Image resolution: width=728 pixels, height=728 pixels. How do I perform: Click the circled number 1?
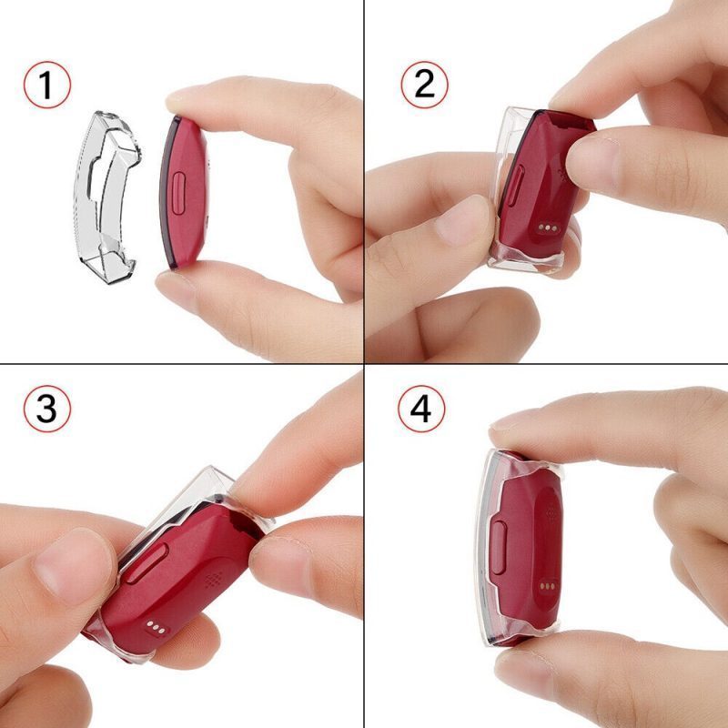click(x=47, y=85)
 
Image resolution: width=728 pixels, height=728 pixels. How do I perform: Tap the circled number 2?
click(x=424, y=85)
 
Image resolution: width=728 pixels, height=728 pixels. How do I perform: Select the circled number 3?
click(x=47, y=409)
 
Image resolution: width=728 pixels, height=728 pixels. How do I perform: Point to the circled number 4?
click(x=421, y=409)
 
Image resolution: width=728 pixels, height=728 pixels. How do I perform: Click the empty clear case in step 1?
click(x=106, y=197)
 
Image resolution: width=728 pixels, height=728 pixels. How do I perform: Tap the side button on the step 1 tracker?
click(x=178, y=193)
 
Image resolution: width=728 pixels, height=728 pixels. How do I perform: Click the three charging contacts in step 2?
click(x=548, y=228)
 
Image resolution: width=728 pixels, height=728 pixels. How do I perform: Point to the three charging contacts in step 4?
click(x=548, y=586)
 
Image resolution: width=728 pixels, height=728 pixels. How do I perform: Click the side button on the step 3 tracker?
click(x=146, y=563)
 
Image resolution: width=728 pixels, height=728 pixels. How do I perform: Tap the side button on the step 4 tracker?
click(x=498, y=547)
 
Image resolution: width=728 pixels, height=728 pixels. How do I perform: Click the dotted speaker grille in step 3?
click(x=214, y=579)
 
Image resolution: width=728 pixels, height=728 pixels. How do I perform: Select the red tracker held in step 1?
click(x=183, y=192)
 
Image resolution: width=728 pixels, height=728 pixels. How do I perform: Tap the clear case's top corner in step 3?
click(x=210, y=468)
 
